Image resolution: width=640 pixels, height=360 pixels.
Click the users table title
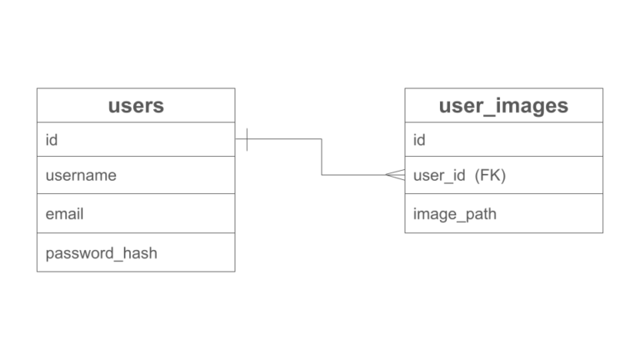[136, 106]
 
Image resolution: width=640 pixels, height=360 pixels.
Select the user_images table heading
[503, 106]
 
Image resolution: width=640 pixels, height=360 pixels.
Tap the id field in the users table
[51, 140]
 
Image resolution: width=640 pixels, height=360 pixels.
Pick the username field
[81, 176]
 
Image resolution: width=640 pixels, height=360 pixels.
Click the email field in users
[64, 214]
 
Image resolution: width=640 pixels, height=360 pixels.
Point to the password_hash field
[101, 253]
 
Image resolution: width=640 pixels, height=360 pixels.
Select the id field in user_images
[419, 140]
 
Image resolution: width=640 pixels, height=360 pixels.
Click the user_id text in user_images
[439, 176]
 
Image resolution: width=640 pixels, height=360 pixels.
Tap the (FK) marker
[490, 176]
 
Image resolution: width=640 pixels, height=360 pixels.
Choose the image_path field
[454, 214]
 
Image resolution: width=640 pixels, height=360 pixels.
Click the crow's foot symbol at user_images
[396, 175]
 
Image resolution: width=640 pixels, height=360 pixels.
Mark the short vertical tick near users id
[247, 139]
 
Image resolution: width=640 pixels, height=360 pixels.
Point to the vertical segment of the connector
[322, 157]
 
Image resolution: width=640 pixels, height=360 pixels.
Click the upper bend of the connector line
[322, 139]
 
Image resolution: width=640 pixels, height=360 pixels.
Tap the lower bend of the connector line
[322, 175]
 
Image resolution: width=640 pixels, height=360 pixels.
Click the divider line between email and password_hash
[136, 233]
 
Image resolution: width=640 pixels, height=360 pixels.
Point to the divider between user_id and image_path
[503, 194]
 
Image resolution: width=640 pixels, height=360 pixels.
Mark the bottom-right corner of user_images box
[602, 232]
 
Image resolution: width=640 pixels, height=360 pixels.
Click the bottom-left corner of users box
[37, 271]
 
